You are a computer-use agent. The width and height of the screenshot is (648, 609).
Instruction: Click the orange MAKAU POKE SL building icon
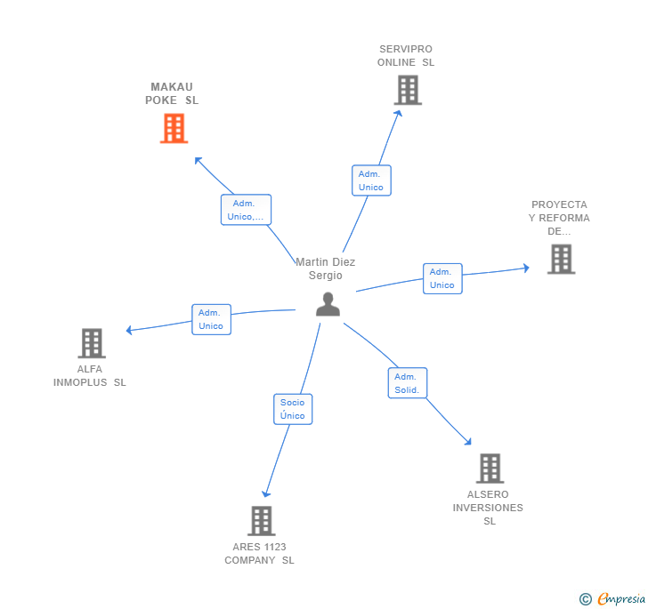pos(174,128)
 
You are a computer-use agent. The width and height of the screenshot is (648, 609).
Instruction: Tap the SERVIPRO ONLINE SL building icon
pos(407,90)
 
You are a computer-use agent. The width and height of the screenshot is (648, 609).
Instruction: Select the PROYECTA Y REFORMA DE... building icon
pos(561,259)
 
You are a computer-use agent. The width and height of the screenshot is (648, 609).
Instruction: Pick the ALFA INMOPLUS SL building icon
pos(91,343)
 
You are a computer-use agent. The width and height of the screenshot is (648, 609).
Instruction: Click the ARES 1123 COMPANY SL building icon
pos(261,520)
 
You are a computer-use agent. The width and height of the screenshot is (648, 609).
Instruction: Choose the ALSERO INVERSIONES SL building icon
pos(490,468)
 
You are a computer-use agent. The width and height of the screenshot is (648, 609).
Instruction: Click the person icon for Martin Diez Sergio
pos(328,304)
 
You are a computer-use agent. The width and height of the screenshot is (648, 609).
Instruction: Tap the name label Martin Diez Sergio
pos(325,268)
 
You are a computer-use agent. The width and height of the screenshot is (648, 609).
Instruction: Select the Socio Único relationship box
pos(292,409)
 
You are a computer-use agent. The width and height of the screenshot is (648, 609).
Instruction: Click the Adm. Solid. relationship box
pos(408,383)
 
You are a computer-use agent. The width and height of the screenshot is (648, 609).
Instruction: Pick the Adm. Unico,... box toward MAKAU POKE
pos(246,210)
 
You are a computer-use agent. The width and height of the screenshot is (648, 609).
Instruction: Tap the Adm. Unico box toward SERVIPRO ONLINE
pos(370,180)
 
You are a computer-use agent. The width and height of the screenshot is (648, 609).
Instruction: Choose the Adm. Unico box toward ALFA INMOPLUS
pos(211,319)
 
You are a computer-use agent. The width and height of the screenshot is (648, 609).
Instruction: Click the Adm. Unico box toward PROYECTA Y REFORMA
pos(441,278)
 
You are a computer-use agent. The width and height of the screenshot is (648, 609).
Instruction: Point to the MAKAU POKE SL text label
pos(172,93)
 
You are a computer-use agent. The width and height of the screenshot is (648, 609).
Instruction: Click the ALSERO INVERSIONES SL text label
pos(489,508)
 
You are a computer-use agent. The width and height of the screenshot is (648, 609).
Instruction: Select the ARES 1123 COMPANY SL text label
pos(259,553)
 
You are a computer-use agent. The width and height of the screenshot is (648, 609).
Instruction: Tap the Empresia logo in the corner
pos(614,599)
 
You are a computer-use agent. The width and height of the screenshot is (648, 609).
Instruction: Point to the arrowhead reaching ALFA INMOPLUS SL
pos(129,331)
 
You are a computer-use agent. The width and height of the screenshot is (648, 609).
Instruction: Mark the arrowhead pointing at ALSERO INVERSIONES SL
pos(468,441)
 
